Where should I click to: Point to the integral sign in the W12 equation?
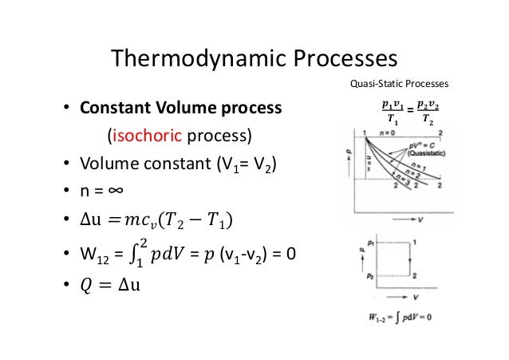click(x=136, y=257)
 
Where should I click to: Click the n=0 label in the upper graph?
click(x=390, y=132)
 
